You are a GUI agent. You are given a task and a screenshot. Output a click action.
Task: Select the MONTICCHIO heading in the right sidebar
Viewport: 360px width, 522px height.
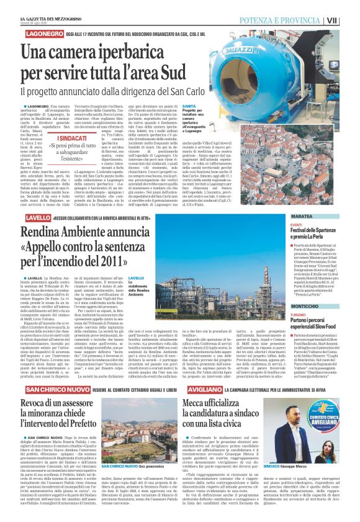[x=296, y=307]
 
